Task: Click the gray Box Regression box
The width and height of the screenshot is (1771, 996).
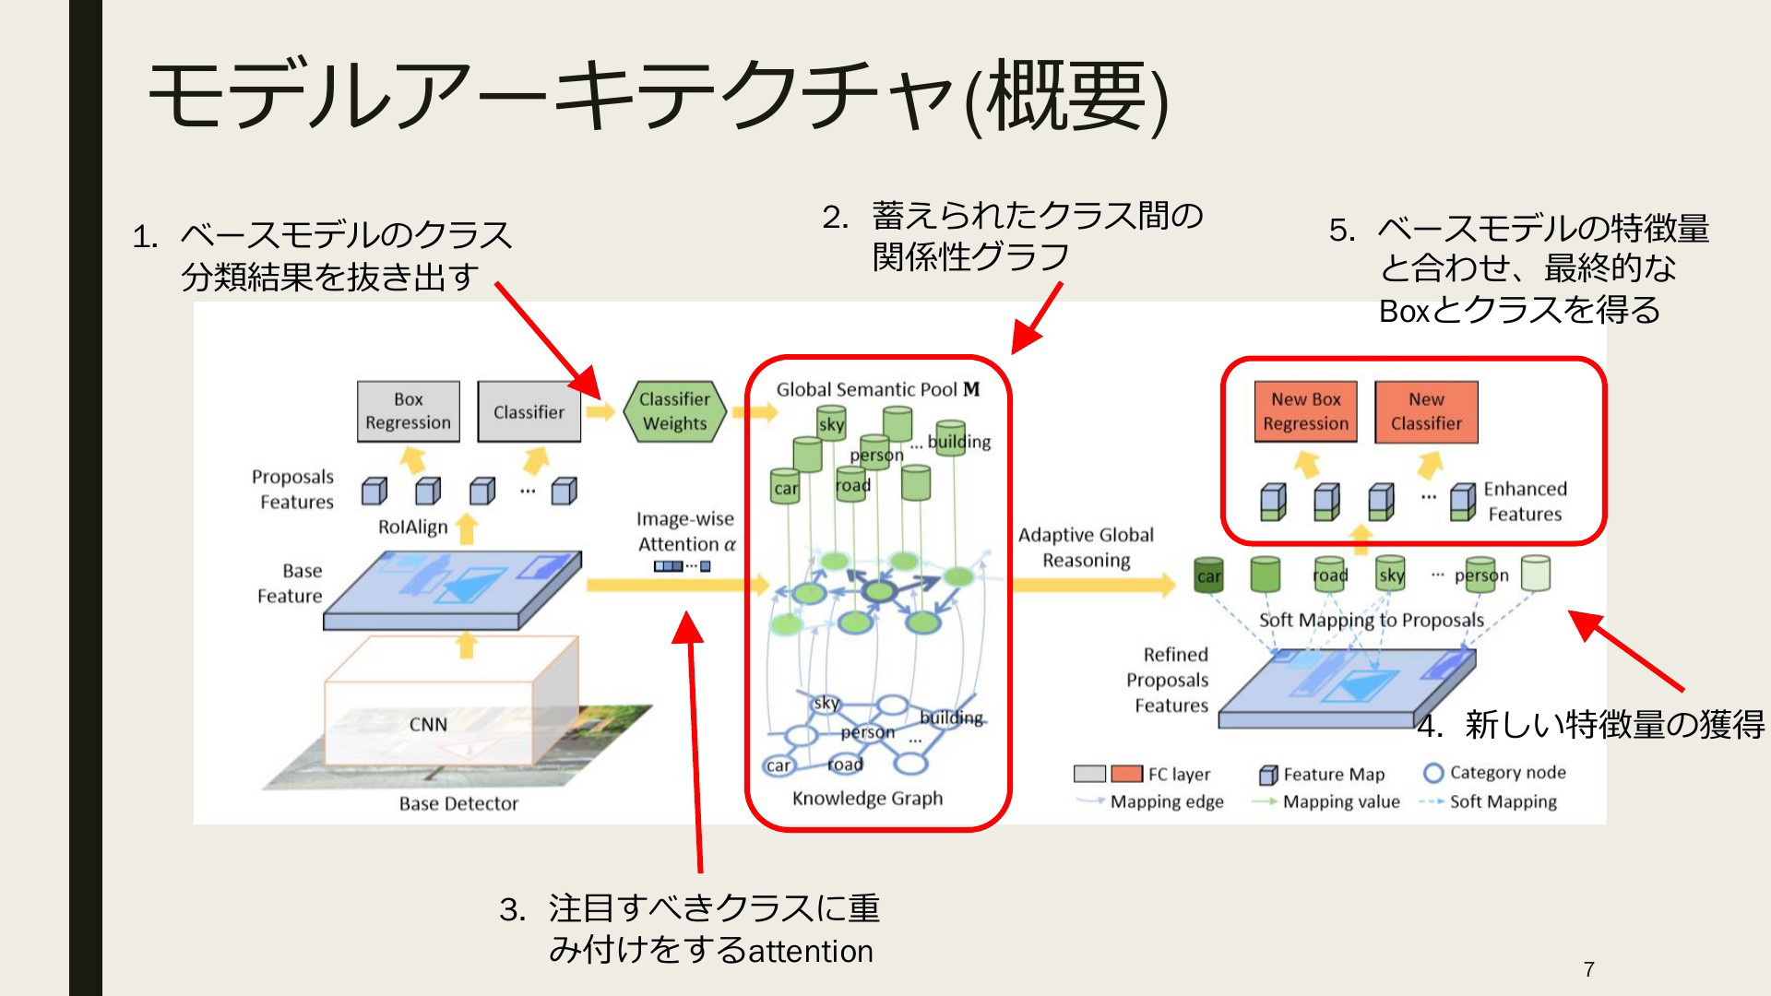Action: pos(409,411)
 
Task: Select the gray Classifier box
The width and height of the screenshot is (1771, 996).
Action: pos(529,411)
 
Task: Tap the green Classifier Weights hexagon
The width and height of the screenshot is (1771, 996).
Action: pos(674,411)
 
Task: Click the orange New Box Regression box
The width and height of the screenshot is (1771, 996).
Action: pos(1305,411)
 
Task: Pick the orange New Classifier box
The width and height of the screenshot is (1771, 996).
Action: pos(1426,411)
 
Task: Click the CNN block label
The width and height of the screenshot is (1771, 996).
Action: pos(428,725)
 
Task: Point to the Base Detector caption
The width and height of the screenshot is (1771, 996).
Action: pos(458,803)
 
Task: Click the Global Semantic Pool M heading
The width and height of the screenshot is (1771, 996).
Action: pos(878,389)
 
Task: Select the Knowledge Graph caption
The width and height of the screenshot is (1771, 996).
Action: pos(867,799)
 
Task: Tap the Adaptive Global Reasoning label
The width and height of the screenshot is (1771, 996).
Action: pos(1086,547)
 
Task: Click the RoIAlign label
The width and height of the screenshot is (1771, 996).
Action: pos(412,527)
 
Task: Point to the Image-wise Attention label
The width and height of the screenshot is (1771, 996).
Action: pos(686,531)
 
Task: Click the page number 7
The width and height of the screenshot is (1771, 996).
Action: pos(1588,969)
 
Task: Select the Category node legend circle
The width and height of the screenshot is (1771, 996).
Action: pos(1432,773)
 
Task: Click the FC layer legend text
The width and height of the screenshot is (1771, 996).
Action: pos(1179,775)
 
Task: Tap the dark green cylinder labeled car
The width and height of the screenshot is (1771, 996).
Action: pos(1208,575)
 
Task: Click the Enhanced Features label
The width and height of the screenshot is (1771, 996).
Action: pos(1525,501)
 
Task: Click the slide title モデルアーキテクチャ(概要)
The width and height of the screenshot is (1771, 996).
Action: pos(658,97)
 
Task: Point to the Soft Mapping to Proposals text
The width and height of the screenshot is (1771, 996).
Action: pos(1372,620)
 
